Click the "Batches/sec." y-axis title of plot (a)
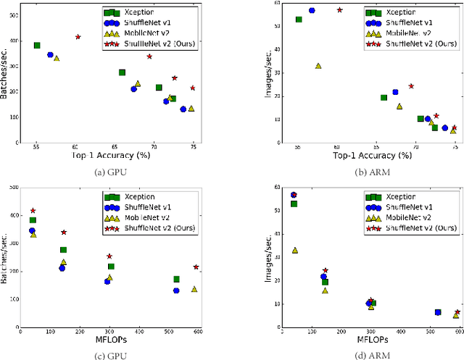click(6, 72)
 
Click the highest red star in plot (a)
click(78, 36)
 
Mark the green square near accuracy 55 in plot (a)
click(37, 45)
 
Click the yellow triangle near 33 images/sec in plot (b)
click(318, 66)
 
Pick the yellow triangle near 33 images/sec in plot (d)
click(294, 250)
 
